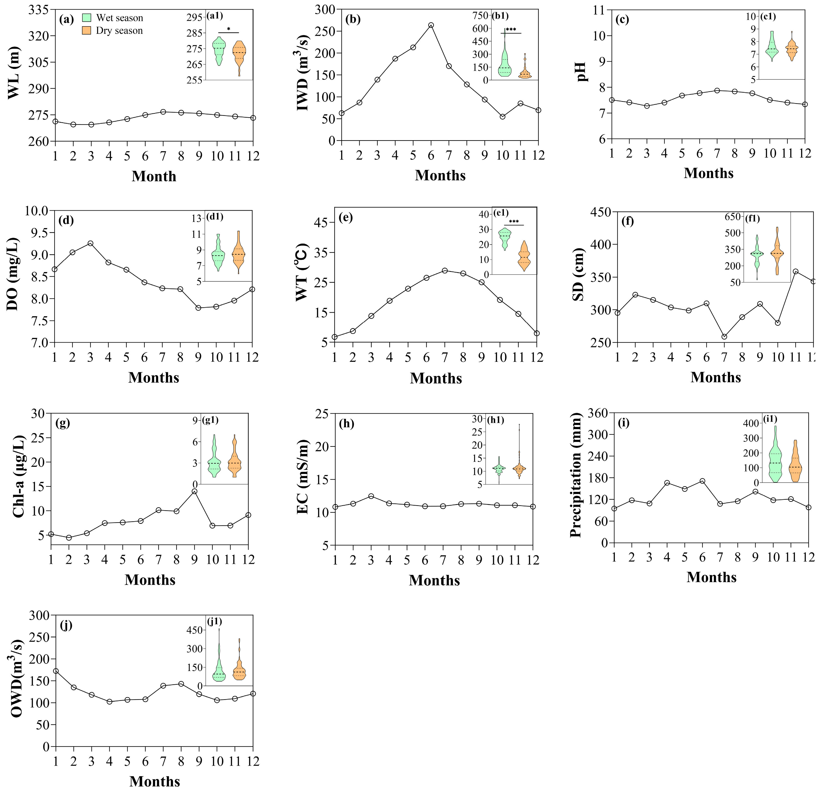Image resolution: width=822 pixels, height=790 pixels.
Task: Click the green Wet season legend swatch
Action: [87, 18]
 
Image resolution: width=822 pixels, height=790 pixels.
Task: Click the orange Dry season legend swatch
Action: [87, 30]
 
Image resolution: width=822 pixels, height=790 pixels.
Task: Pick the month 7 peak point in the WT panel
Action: [445, 271]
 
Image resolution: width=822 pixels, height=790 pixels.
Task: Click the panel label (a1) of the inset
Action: [215, 16]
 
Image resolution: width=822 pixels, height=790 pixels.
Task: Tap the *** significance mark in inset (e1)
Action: [514, 222]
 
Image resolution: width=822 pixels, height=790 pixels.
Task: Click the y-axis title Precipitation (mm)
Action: [576, 475]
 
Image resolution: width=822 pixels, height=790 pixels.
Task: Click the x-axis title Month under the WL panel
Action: [154, 176]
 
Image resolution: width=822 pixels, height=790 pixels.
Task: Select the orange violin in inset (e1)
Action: [524, 256]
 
